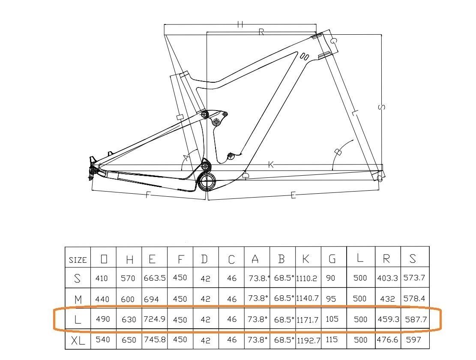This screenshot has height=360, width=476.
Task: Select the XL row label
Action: pos(78,341)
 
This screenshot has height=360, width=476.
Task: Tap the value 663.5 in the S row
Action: pos(154,278)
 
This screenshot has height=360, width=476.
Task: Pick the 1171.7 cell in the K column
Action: pos(308,320)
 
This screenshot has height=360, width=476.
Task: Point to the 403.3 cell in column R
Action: pos(387,278)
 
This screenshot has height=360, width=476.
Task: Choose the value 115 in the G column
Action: pos(332,339)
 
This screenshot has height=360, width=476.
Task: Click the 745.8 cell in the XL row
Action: pos(154,339)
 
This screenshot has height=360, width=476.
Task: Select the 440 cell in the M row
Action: pos(103,299)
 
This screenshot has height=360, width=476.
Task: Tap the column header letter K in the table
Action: pos(306,258)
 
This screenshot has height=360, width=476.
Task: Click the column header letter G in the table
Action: pos(332,258)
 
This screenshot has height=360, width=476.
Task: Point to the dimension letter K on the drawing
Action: pos(271,165)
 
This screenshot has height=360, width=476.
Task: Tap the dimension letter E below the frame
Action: pos(293,195)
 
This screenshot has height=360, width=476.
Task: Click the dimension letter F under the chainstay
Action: pos(148,195)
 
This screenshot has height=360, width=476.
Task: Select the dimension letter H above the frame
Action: pos(240,24)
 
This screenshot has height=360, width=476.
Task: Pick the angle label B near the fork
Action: pos(338,152)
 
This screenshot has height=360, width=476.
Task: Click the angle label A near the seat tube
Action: pos(186,158)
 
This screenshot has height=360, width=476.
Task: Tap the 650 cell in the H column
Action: pos(129,340)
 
